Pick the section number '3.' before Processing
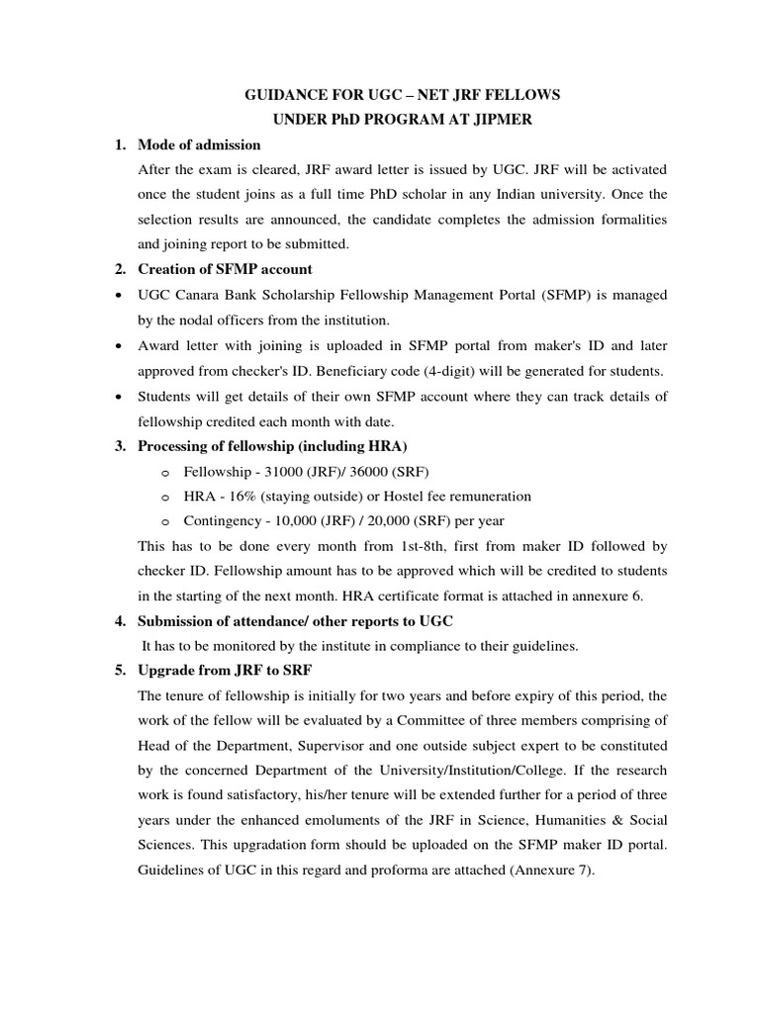[121, 446]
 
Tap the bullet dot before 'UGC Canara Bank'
[119, 295]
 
